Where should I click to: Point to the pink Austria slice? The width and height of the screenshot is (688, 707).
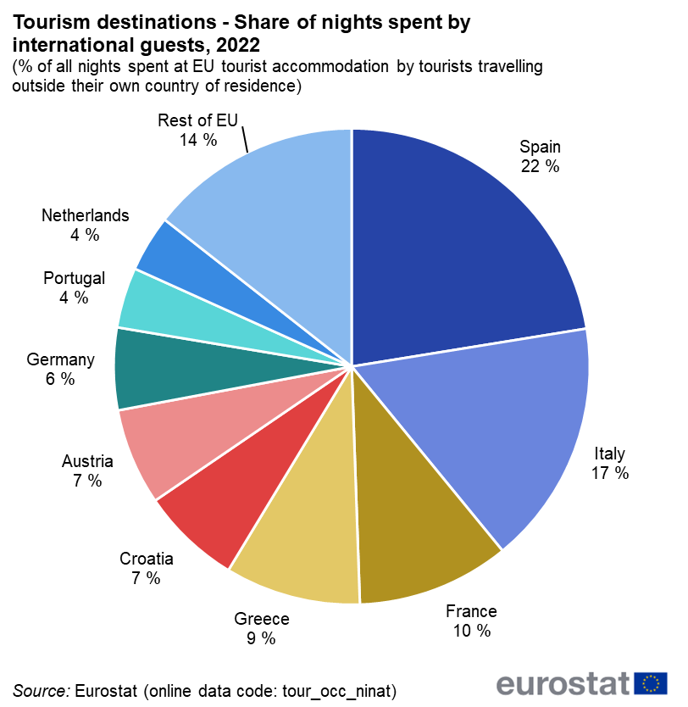(x=169, y=441)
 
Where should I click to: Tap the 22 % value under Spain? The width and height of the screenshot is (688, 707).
(x=540, y=167)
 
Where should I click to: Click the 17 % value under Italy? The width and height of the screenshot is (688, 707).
(x=610, y=473)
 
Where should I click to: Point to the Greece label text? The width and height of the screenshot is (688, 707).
(x=262, y=619)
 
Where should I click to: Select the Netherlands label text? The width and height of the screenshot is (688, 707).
(x=86, y=215)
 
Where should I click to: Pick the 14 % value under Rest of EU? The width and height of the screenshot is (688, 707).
(x=197, y=140)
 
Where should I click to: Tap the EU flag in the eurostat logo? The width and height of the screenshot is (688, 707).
(x=651, y=682)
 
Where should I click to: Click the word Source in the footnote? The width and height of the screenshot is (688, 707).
(x=40, y=689)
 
